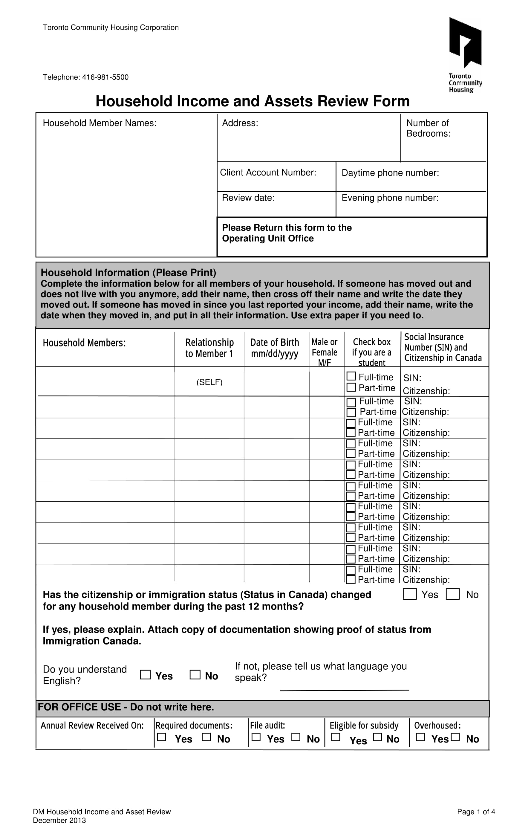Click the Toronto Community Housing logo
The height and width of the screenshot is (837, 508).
(x=465, y=54)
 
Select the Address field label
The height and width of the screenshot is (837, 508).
(x=240, y=123)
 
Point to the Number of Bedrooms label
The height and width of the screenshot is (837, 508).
(x=428, y=128)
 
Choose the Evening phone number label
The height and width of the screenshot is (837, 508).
(x=389, y=198)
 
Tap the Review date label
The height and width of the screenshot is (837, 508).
(x=248, y=198)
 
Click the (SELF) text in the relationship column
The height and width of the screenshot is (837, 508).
(x=209, y=382)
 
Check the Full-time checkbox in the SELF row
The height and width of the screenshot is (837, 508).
(x=351, y=376)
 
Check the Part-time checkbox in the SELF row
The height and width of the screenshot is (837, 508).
(x=351, y=387)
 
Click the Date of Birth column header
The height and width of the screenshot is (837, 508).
(x=274, y=347)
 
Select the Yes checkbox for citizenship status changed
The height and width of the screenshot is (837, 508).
(x=409, y=594)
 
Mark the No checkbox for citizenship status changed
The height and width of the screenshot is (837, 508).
(x=452, y=594)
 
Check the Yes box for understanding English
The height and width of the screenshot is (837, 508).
(x=145, y=674)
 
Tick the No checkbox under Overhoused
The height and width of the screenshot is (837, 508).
(x=455, y=737)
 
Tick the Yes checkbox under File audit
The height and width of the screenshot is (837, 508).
(x=256, y=737)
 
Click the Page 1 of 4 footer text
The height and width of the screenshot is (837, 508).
(x=476, y=812)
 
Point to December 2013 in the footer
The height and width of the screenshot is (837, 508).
(x=59, y=820)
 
